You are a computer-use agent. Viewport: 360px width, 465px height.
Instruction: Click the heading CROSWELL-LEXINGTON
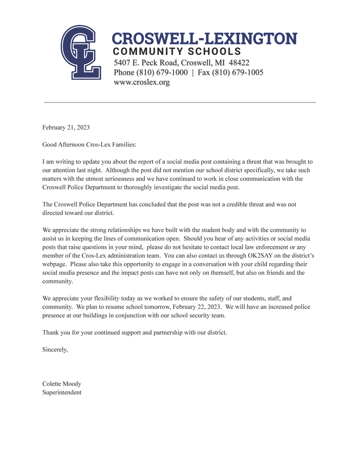[204, 39]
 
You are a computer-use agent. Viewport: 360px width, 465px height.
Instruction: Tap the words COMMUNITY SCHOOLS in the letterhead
[177, 51]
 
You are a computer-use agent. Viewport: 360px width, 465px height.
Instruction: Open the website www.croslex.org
[141, 83]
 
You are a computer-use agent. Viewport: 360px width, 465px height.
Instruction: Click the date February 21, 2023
[66, 128]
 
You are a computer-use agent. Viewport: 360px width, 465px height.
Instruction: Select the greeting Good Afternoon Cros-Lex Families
[89, 144]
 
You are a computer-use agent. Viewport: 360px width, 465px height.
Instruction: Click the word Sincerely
[55, 349]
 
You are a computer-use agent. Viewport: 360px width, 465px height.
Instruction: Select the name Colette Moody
[62, 384]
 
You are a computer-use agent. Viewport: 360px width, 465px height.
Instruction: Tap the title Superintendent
[62, 392]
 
